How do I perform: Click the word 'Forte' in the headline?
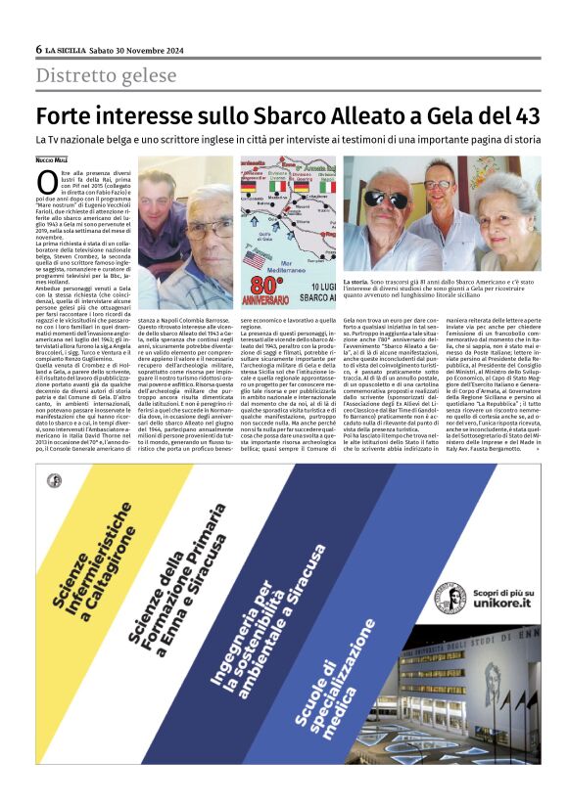[x=68, y=116]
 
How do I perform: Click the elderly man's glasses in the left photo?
[x=207, y=228]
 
